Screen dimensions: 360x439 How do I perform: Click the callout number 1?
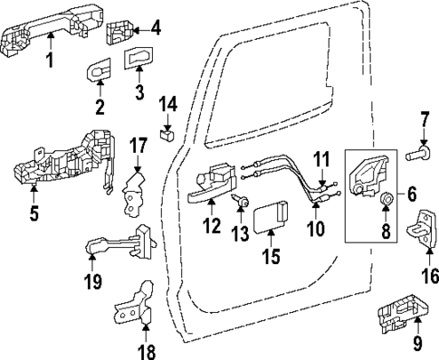[x=50, y=62]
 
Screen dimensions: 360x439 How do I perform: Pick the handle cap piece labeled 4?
[x=120, y=33]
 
